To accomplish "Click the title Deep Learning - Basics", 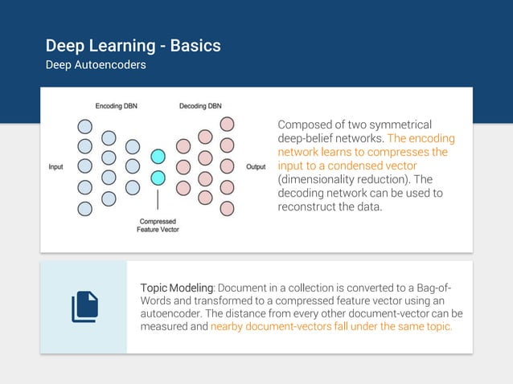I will tap(133, 46).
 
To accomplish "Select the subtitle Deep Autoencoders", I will tap(96, 65).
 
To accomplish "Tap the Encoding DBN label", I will tap(117, 106).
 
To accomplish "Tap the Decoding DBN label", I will tap(200, 106).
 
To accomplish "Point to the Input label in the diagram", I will tap(56, 167).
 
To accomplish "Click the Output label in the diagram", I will tap(256, 167).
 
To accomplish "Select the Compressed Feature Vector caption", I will tap(158, 225).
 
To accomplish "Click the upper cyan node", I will tap(158, 157).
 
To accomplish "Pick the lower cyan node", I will tap(158, 178).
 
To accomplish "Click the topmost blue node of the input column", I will tap(84, 125).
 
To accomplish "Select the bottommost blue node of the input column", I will tap(84, 209).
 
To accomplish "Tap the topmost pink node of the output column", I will tap(228, 125).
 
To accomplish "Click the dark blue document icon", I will tap(84, 307).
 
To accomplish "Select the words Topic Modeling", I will tap(177, 288).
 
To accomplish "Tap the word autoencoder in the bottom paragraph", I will tap(173, 314).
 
